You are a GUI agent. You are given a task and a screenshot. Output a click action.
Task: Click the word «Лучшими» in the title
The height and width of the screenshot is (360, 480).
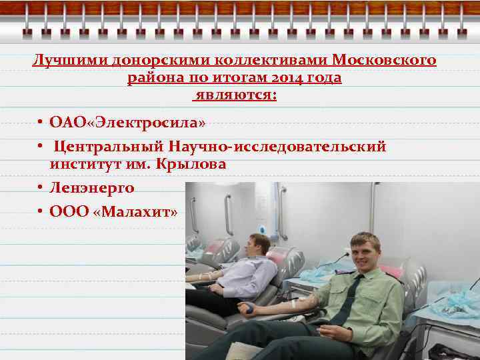pos(64,61)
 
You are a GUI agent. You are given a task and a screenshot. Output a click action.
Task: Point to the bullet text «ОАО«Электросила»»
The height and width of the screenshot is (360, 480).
pos(127,123)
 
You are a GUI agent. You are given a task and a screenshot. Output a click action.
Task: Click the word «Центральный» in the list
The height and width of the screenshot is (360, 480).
pos(109,147)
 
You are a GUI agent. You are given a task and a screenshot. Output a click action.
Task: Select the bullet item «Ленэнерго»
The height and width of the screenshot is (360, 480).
pos(92,188)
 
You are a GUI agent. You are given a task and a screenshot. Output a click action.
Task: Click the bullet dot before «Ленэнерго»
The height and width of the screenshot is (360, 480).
pos(41,189)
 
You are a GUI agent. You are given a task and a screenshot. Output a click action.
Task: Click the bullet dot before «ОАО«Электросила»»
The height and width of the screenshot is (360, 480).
pos(41,124)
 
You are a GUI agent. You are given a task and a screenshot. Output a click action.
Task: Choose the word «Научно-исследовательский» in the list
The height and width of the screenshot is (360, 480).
pos(277,147)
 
